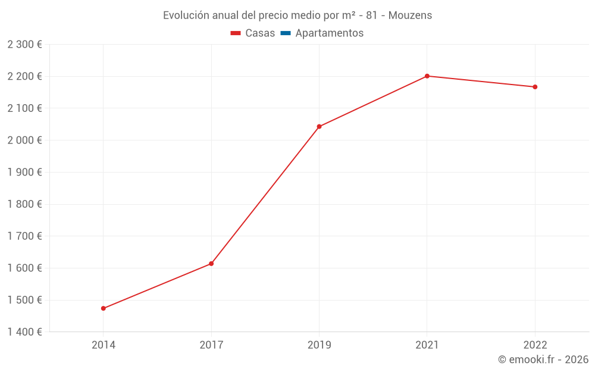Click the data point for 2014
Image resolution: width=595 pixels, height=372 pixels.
point(104,308)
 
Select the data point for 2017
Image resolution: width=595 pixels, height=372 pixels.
point(211,264)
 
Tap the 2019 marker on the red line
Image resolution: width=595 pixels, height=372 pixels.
point(320,126)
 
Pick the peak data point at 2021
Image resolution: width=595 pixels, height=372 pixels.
point(427,76)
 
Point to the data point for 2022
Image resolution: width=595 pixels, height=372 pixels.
point(535,87)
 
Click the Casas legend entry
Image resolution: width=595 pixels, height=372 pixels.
point(253,33)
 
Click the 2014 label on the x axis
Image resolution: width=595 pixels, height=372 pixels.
point(104,345)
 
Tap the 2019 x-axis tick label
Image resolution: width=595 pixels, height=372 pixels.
point(320,345)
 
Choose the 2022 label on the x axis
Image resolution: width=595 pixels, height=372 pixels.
point(535,345)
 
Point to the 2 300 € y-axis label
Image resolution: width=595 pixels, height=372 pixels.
point(24,44)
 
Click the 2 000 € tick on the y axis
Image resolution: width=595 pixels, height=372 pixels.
point(24,140)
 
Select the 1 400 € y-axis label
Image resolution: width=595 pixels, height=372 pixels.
point(24,332)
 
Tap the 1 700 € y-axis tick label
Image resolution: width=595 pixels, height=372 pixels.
point(24,236)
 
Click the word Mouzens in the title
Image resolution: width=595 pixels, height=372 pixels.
point(410,15)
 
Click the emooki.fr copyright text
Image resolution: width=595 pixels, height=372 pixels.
point(543,360)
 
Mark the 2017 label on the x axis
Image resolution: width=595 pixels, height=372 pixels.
point(211,345)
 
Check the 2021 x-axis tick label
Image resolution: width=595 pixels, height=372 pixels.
point(427,345)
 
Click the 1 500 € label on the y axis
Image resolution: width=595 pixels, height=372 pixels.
point(24,300)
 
